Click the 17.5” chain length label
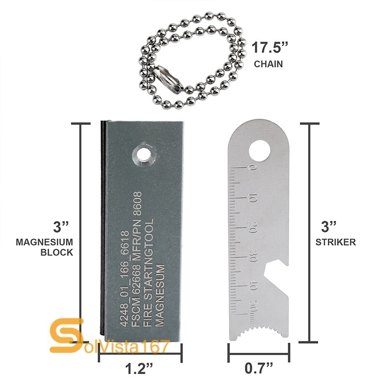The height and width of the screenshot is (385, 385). (x=270, y=48)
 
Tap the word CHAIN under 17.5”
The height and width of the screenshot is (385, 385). (x=269, y=64)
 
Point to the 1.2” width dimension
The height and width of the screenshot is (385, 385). (x=140, y=370)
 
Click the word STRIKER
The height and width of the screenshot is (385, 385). (x=335, y=242)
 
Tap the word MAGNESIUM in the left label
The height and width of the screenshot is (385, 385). (x=44, y=242)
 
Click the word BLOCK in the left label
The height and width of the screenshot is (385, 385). (x=56, y=252)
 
